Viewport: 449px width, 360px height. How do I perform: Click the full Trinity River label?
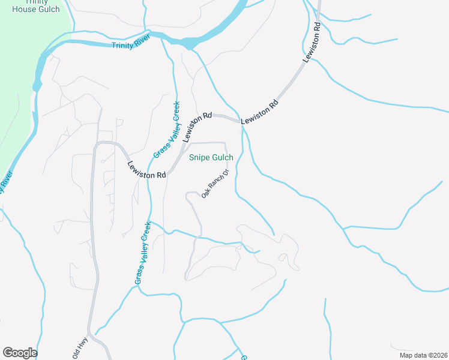(130, 45)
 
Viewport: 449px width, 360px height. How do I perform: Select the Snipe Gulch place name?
(211, 158)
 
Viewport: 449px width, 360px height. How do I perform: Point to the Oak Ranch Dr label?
(215, 185)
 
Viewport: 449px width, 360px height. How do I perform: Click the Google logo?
(20, 353)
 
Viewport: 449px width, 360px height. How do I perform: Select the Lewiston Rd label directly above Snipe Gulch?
(198, 127)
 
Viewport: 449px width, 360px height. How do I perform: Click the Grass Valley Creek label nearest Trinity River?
(167, 130)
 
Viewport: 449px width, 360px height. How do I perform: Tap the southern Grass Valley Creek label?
(143, 252)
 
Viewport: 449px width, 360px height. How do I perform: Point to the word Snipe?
(200, 158)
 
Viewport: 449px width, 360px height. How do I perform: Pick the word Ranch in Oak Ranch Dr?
(215, 185)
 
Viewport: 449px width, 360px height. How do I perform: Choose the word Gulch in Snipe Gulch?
(222, 158)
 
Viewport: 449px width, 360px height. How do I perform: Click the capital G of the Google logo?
(8, 352)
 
